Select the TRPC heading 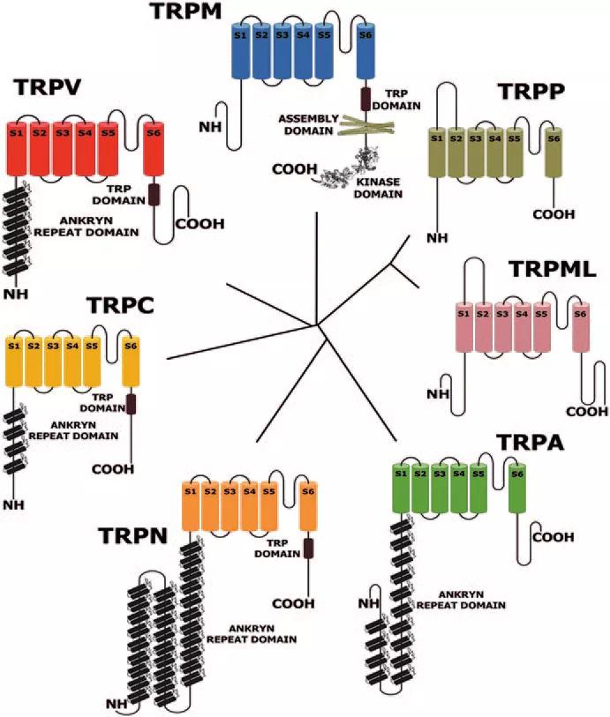pos(121,306)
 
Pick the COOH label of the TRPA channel pos(553,536)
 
